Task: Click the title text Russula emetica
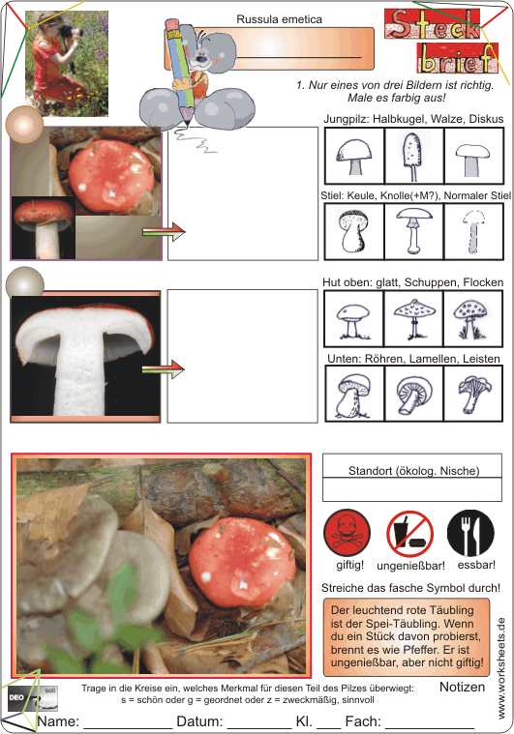(x=279, y=19)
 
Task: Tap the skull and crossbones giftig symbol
(x=348, y=534)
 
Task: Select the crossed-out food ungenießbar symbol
(x=410, y=534)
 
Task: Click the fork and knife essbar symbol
(x=470, y=533)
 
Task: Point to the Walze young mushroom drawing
(x=413, y=156)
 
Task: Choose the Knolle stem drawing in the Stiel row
(x=413, y=231)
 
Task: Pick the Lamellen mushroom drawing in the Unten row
(x=414, y=395)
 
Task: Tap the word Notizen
(x=462, y=687)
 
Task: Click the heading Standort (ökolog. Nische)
(x=413, y=471)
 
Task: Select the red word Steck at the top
(x=433, y=24)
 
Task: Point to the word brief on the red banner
(x=457, y=58)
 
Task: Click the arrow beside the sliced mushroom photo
(x=164, y=368)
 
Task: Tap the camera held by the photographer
(x=71, y=32)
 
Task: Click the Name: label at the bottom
(x=58, y=721)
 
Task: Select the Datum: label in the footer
(x=199, y=721)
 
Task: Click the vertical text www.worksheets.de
(x=501, y=668)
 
